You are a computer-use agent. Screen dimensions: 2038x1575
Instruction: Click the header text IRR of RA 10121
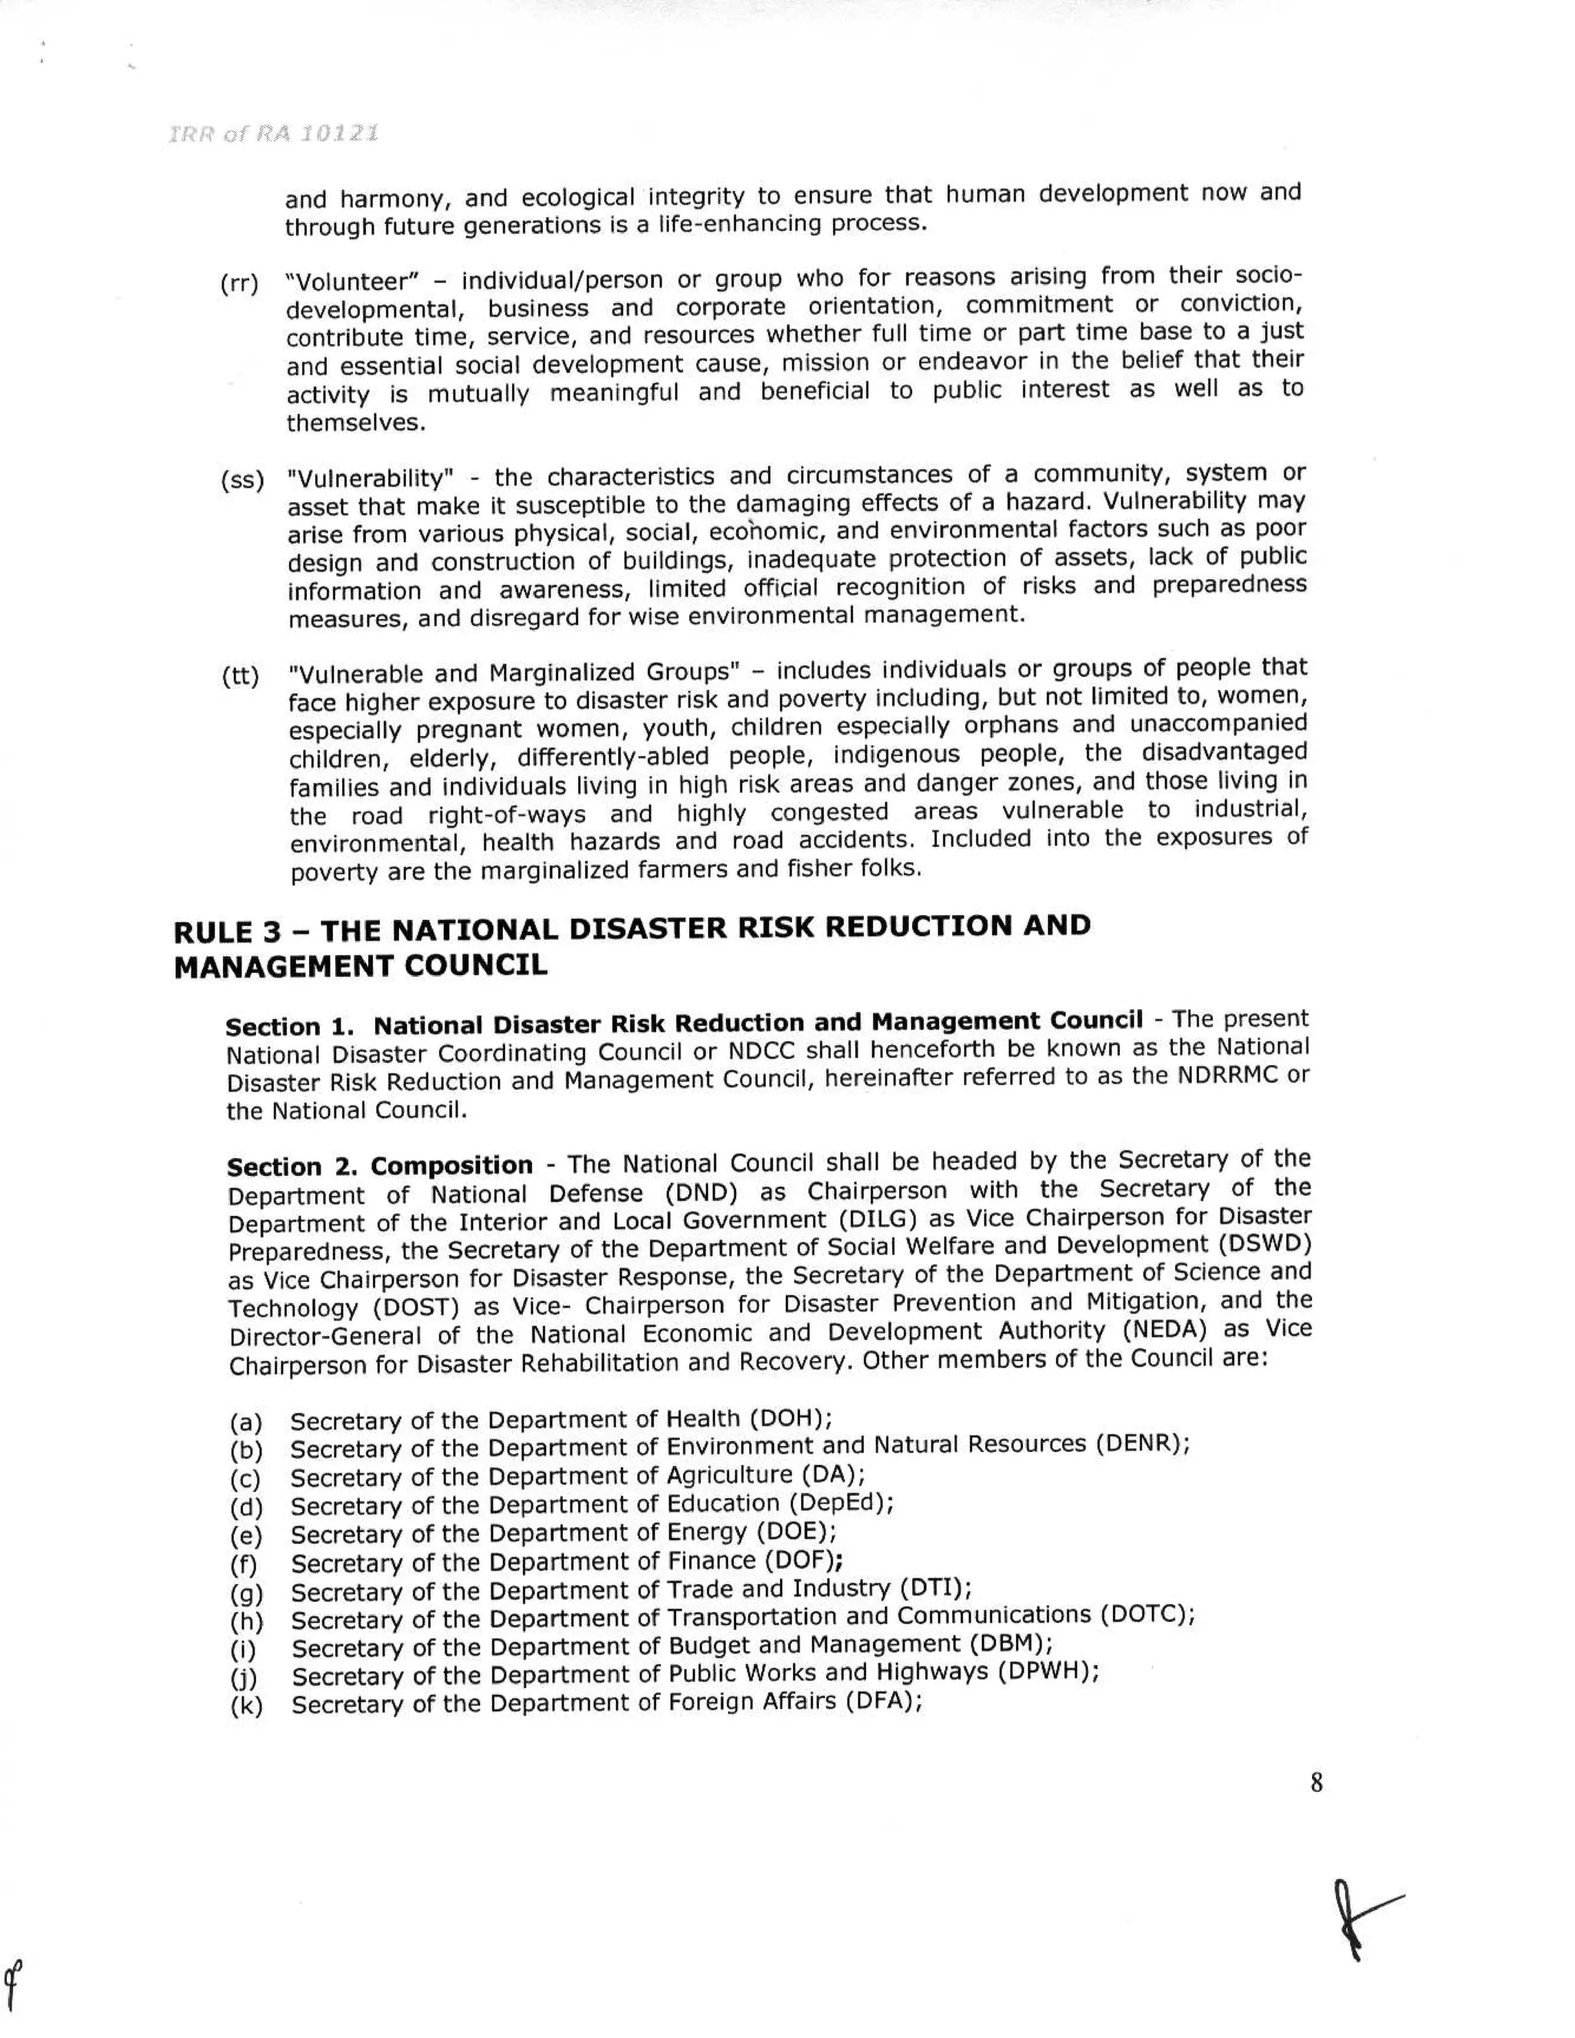[272, 134]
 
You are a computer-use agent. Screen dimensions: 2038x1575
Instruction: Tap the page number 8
[1316, 1783]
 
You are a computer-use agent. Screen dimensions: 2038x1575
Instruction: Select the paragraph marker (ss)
[241, 481]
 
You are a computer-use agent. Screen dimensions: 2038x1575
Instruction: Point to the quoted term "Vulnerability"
[371, 478]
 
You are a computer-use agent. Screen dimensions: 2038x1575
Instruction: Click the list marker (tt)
[240, 675]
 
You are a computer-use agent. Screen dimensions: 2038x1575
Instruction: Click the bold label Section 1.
[289, 1027]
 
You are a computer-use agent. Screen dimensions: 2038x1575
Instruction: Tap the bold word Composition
[451, 1167]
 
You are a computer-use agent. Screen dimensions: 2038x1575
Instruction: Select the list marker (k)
[246, 1707]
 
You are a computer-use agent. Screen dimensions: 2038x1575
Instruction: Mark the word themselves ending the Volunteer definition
[355, 424]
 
